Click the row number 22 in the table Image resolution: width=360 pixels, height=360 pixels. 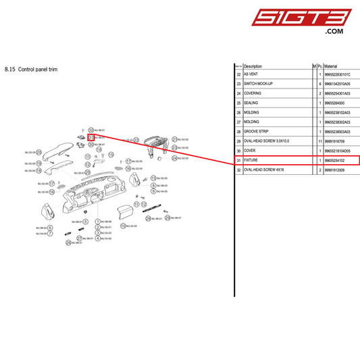click(238, 74)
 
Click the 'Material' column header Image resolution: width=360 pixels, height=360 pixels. click(331, 66)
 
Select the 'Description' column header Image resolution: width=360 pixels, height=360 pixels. click(253, 66)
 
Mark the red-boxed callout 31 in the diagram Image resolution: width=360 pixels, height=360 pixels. click(91, 137)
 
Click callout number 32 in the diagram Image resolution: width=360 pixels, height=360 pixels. click(91, 129)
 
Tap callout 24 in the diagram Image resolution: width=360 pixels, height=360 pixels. click(174, 158)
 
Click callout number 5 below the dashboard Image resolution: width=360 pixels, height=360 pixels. click(86, 221)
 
